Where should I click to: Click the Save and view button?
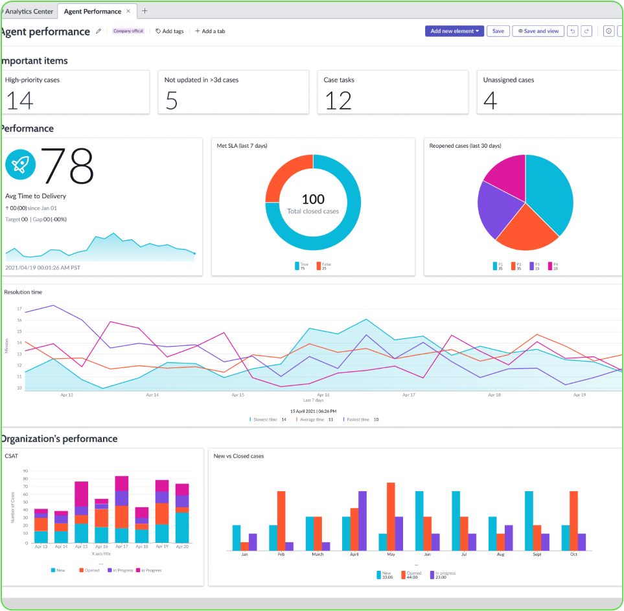(538, 31)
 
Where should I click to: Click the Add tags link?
(170, 31)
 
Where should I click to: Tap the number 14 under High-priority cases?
(19, 100)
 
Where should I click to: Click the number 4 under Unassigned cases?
(491, 100)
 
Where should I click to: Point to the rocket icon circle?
(21, 165)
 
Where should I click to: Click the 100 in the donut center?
(313, 199)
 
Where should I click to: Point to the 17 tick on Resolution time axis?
(19, 309)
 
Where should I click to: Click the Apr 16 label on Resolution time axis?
(323, 395)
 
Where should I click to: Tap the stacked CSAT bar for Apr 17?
(121, 509)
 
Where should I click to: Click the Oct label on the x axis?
(573, 555)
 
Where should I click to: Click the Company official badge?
(127, 31)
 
